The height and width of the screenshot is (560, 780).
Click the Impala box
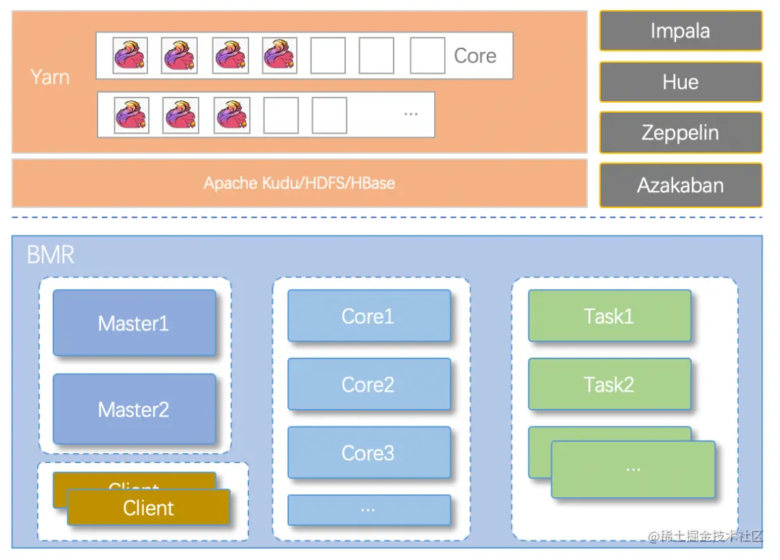680,31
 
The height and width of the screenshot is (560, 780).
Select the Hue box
680,82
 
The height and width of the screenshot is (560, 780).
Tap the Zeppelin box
680,133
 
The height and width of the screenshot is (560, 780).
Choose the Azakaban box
680,185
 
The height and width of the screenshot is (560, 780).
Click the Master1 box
134,323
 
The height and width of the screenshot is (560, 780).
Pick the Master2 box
134,410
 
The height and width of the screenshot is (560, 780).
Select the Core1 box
368,316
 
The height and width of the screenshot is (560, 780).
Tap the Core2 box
368,384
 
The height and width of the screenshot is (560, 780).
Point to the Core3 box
368,453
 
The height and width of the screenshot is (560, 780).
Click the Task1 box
609,316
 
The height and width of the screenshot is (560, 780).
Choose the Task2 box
609,384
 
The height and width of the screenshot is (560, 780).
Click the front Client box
149,507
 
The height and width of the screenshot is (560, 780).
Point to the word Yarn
50,77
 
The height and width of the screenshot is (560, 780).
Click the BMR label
50,254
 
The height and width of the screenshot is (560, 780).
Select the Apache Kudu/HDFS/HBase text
299,183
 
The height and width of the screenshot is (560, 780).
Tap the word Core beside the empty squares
474,56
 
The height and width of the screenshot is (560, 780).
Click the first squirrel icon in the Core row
130,56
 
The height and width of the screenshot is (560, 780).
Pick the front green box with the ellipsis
633,469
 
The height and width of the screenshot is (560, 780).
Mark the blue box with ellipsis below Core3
368,509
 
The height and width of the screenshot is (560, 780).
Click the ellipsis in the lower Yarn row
411,113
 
